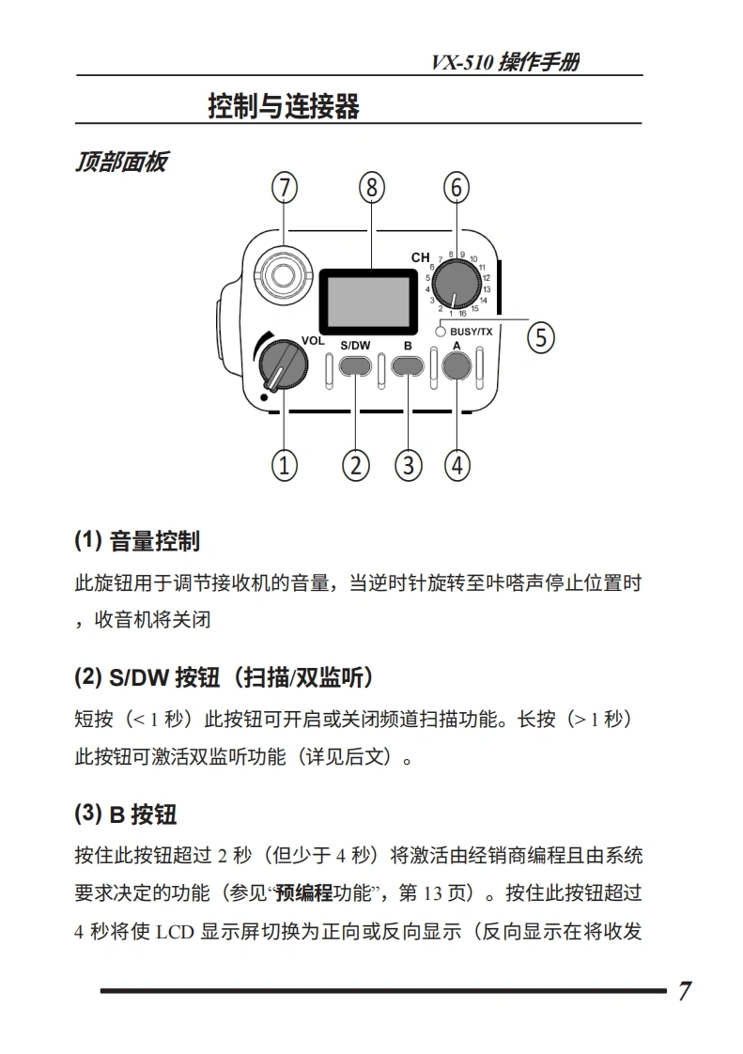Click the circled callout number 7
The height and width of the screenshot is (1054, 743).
tap(284, 188)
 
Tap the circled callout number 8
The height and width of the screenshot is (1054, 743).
tap(372, 188)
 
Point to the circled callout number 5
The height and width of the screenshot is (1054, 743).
tap(539, 336)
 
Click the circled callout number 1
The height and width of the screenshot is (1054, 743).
tap(284, 464)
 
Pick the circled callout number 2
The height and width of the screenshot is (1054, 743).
tap(355, 464)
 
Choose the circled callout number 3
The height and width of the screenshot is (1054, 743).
tap(408, 464)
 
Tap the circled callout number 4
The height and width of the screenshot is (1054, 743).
tap(457, 464)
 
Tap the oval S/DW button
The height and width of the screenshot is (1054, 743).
tap(355, 366)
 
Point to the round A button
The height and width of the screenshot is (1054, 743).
tap(457, 366)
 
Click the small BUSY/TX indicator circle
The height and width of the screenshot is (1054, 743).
tap(441, 331)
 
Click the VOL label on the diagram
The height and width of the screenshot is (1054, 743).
tap(313, 340)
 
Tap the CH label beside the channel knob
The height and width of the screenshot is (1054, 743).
tap(420, 257)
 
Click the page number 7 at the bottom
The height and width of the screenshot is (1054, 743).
tap(685, 991)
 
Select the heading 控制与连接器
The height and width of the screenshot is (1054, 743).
tap(284, 106)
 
